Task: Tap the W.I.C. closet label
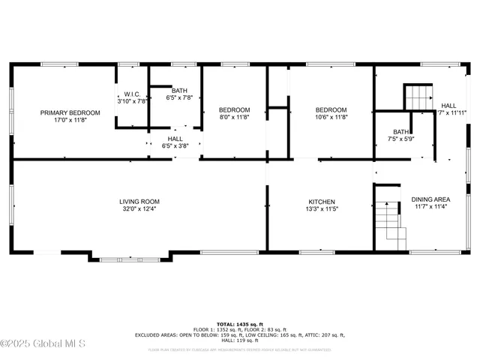(125, 94)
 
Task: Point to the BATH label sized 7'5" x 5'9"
(401, 132)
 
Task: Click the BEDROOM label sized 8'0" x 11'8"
(233, 110)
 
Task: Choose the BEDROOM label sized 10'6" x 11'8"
(331, 110)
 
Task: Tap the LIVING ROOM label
(139, 201)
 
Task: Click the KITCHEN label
(322, 201)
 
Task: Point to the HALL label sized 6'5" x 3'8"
(175, 139)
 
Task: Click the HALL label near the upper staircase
(448, 106)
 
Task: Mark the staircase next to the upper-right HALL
(418, 97)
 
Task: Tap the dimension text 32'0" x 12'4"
(139, 209)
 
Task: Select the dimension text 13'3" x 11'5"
(322, 209)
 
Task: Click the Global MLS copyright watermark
(43, 344)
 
